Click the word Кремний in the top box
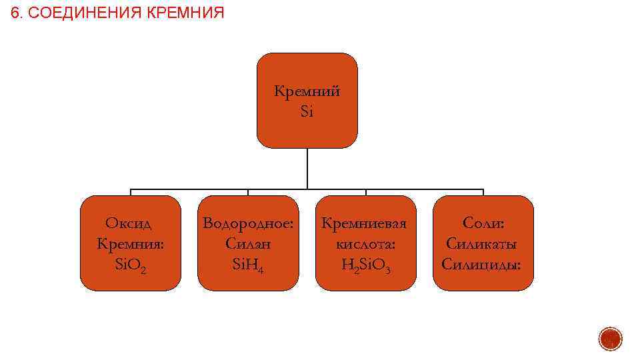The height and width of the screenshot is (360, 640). click(x=307, y=91)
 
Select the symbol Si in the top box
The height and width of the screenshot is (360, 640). click(x=307, y=111)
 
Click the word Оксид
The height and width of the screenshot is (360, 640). click(x=130, y=223)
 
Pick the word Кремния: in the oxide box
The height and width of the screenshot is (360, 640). click(x=131, y=243)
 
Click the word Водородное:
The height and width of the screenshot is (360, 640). click(x=248, y=223)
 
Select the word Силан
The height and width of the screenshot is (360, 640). click(x=248, y=243)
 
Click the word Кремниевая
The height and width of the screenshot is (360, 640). click(x=365, y=223)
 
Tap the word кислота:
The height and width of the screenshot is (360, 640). click(x=365, y=243)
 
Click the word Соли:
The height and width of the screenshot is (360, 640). click(x=483, y=223)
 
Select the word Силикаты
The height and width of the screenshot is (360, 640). click(x=483, y=243)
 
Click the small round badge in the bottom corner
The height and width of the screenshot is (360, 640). click(x=610, y=339)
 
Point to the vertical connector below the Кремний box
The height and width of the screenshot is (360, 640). click(x=307, y=168)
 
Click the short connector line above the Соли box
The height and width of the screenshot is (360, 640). click(x=483, y=192)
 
